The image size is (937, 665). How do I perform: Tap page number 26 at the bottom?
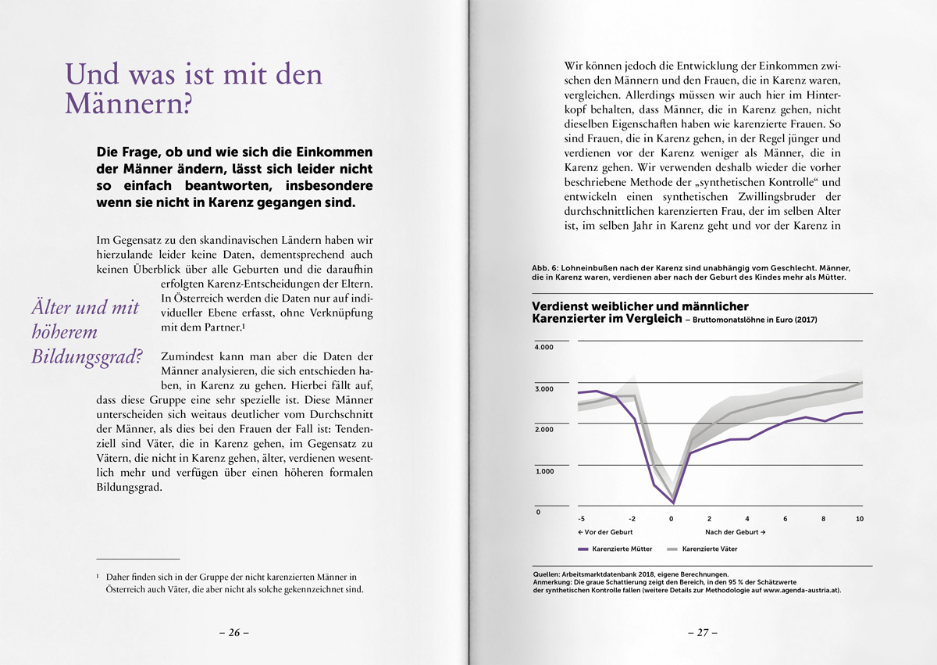pyautogui.click(x=233, y=633)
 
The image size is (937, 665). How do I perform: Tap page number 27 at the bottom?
pyautogui.click(x=703, y=633)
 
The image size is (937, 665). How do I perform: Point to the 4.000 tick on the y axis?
pyautogui.click(x=543, y=346)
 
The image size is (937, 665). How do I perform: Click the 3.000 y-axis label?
pyautogui.click(x=543, y=388)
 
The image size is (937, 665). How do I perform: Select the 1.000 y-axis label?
pyautogui.click(x=543, y=470)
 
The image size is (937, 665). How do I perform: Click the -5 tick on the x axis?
pyautogui.click(x=581, y=518)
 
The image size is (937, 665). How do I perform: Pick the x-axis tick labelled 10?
pyautogui.click(x=859, y=518)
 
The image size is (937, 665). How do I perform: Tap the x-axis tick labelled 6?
pyautogui.click(x=786, y=518)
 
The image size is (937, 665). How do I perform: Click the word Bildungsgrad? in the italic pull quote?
pyautogui.click(x=87, y=357)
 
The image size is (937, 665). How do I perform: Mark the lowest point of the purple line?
pyautogui.click(x=673, y=502)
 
